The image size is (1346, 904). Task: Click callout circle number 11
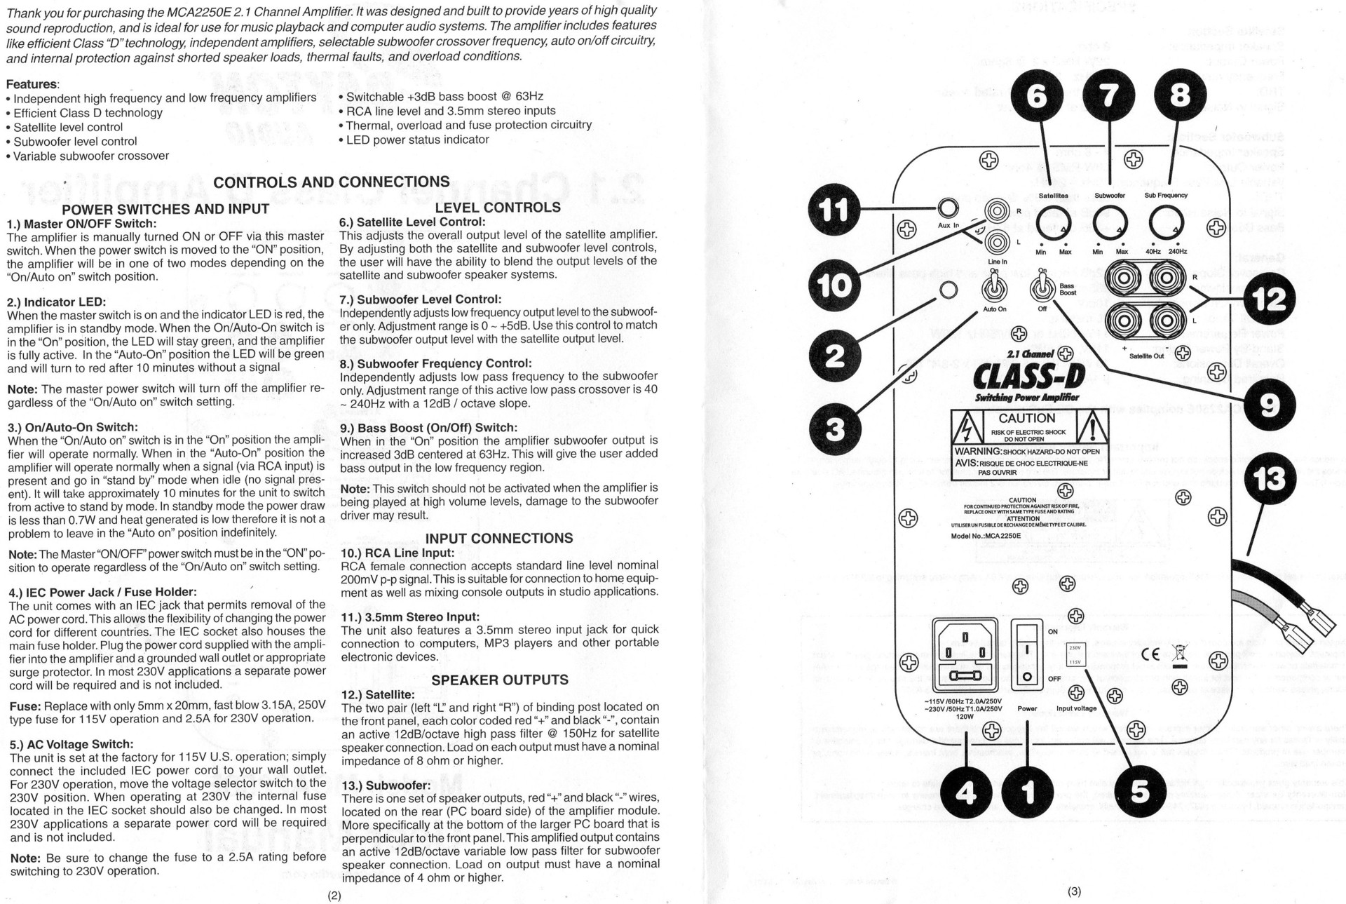point(834,209)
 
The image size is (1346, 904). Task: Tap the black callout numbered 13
point(1270,480)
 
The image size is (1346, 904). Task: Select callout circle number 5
point(1140,791)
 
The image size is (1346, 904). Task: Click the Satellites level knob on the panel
point(1053,223)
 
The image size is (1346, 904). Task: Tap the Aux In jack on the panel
point(948,208)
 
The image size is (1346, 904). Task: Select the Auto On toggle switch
point(994,288)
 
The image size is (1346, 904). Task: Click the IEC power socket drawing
point(965,654)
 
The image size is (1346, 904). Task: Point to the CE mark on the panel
point(1150,654)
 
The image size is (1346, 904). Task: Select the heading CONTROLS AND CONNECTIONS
point(332,182)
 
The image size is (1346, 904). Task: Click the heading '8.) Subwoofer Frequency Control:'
point(435,363)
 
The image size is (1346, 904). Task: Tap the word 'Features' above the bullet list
point(32,84)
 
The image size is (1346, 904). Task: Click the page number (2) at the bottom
point(334,896)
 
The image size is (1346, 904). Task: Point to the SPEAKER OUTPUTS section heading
point(500,680)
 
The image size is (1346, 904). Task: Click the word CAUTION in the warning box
point(1026,418)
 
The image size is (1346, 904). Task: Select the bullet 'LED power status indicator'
point(417,140)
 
